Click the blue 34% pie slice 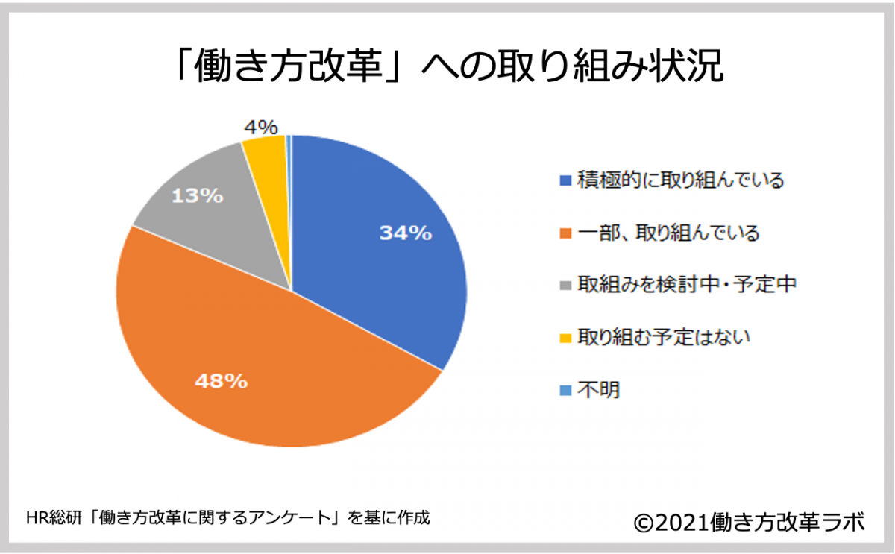click(373, 268)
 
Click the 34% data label click(406, 233)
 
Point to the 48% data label click(221, 382)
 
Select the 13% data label click(198, 196)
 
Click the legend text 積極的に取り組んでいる click(680, 181)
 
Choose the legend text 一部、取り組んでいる click(668, 233)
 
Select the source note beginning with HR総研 click(227, 517)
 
